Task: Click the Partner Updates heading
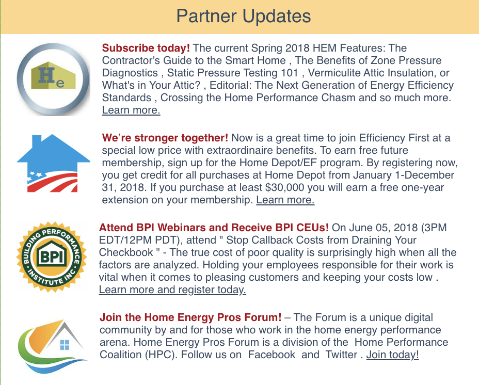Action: [243, 16]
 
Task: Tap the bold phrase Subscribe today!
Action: [146, 48]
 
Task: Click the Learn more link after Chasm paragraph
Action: [131, 110]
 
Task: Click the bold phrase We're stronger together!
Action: [165, 138]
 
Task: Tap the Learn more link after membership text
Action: [285, 200]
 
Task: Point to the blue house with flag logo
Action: [53, 164]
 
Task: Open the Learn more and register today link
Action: [172, 290]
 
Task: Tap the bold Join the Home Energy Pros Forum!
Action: [190, 317]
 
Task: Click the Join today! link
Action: [392, 355]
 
